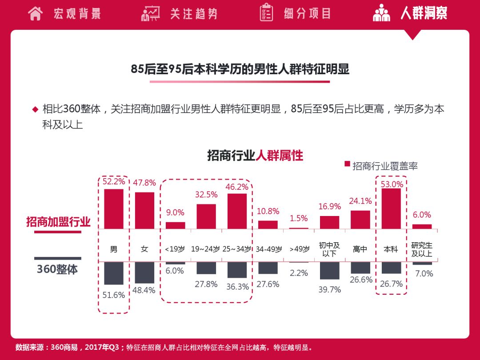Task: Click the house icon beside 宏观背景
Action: click(35, 13)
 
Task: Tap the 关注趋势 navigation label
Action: click(194, 13)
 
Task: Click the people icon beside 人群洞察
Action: click(381, 13)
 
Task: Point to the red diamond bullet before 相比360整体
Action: click(35, 109)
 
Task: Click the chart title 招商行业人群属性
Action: click(255, 156)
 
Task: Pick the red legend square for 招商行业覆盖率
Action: click(347, 164)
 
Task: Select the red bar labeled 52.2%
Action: click(114, 209)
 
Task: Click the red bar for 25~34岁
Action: click(237, 211)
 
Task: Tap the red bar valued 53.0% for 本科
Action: click(391, 208)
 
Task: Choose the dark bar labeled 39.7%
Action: click(329, 271)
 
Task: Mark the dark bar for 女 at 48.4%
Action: click(144, 272)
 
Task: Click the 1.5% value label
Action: click(299, 218)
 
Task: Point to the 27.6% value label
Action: click(268, 284)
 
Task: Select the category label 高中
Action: click(360, 249)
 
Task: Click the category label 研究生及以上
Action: click(422, 249)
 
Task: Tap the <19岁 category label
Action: click(175, 249)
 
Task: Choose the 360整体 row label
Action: click(57, 269)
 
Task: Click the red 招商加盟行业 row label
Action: click(58, 222)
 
